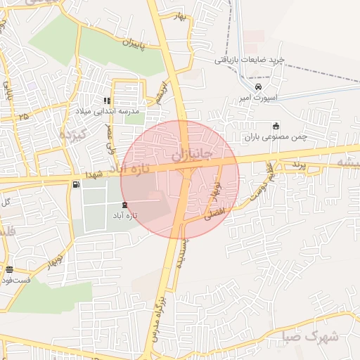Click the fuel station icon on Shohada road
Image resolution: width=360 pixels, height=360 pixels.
[x=75, y=184]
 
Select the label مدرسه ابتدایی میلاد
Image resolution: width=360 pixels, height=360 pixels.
[x=108, y=111]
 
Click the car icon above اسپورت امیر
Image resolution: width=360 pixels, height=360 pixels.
[x=258, y=86]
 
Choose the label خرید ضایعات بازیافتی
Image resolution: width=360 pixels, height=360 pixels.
[x=250, y=60]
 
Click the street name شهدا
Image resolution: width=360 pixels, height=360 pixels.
[x=94, y=173]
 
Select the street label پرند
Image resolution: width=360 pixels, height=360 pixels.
[x=296, y=165]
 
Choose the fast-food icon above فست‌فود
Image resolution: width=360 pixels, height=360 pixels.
[x=9, y=269]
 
